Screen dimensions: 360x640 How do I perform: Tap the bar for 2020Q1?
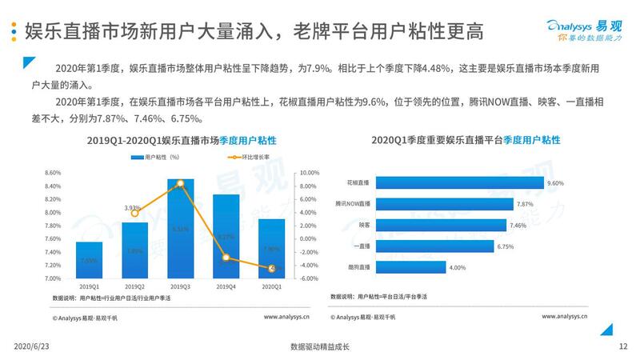click(272, 249)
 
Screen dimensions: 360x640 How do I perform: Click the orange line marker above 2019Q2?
click(135, 213)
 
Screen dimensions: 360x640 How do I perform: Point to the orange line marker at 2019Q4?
click(226, 258)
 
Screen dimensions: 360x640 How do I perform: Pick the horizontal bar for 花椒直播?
click(459, 183)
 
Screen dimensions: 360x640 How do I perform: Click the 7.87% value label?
click(526, 205)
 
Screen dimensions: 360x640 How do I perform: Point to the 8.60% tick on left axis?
click(54, 173)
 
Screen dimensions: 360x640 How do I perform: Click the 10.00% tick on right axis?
click(308, 173)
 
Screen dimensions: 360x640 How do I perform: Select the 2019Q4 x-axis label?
click(226, 286)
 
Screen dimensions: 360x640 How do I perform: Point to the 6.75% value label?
click(505, 246)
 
